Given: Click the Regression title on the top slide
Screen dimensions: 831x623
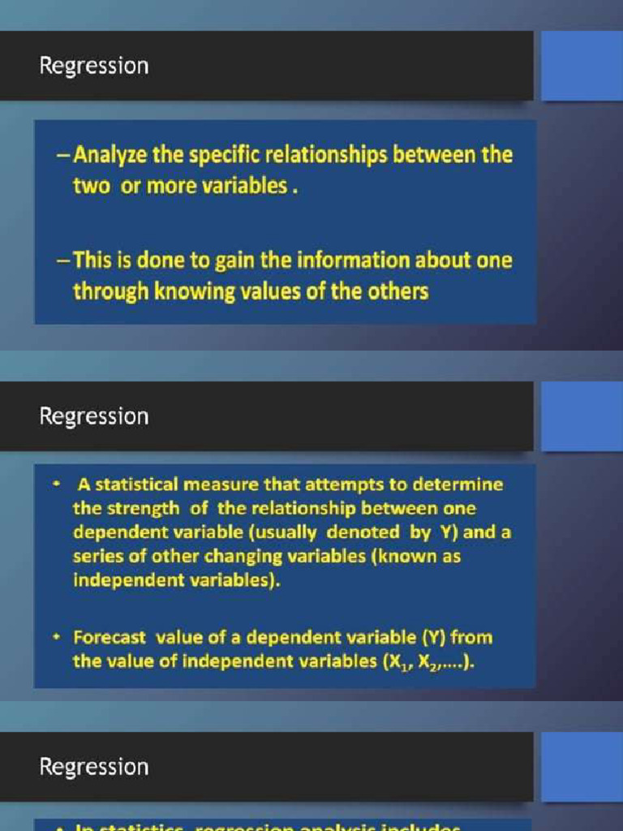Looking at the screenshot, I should tap(94, 66).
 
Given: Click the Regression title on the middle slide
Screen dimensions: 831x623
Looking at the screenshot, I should tap(94, 416).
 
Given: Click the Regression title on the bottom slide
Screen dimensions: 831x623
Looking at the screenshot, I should tap(94, 767).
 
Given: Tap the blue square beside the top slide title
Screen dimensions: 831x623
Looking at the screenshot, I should tap(581, 66).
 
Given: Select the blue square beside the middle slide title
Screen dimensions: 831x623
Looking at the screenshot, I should tap(581, 416).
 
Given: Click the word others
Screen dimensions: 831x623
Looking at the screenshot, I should tap(397, 291).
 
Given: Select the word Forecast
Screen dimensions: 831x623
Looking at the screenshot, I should tap(107, 637).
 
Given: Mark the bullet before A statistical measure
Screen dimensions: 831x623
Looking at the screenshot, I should tap(57, 485).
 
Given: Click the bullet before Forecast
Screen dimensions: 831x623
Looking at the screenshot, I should tap(57, 637).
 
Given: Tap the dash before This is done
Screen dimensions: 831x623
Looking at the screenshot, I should tap(63, 260).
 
